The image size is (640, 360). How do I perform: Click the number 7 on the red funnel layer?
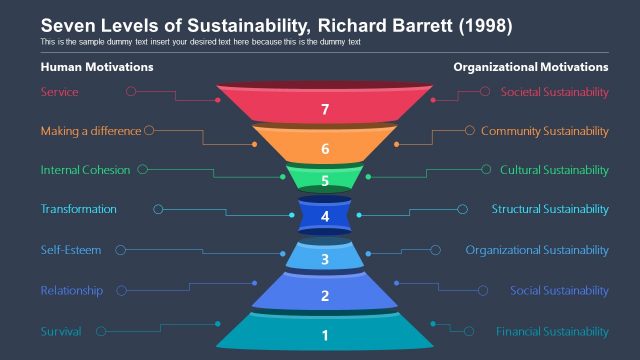click(x=325, y=111)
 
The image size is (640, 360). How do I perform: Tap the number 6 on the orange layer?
click(x=325, y=148)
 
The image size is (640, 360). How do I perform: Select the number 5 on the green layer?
click(x=325, y=181)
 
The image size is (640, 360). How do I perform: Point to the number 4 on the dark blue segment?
click(x=325, y=216)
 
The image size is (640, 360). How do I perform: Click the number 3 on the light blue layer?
click(x=325, y=260)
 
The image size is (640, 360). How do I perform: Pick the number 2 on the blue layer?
click(x=325, y=296)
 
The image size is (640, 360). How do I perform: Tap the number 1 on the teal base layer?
click(x=325, y=336)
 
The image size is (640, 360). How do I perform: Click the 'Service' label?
click(x=59, y=92)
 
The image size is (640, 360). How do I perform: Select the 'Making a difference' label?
click(x=91, y=131)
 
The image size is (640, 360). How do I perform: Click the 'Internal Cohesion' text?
click(x=85, y=170)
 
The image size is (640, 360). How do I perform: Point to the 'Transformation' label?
click(x=78, y=209)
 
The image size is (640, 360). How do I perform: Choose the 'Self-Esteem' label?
click(x=70, y=250)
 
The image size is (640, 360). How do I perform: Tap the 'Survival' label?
click(x=61, y=331)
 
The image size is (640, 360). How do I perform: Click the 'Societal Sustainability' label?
click(x=554, y=92)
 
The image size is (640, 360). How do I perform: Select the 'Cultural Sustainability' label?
click(x=554, y=170)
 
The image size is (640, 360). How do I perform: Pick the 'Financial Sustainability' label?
click(x=552, y=331)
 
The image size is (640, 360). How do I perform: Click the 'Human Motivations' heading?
click(x=96, y=67)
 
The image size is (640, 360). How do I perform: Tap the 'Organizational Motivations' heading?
click(x=530, y=67)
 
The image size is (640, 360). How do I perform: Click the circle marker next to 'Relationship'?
click(x=123, y=291)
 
